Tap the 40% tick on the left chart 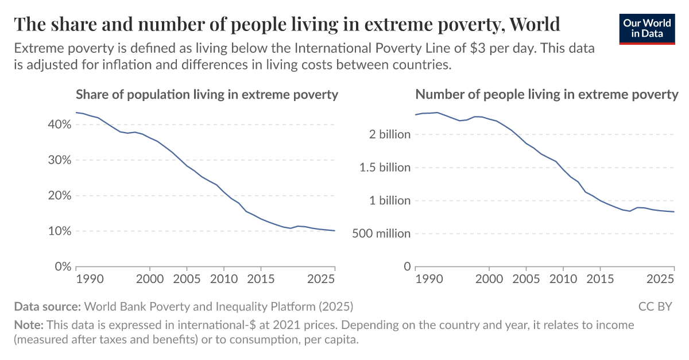59,125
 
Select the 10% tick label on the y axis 59,231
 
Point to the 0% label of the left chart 61,267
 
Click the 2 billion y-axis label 390,134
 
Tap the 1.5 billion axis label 385,168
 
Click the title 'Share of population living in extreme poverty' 207,95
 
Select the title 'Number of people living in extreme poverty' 547,95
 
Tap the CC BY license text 655,306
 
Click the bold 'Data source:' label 48,306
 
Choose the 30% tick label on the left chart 59,160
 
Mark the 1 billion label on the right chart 390,200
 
